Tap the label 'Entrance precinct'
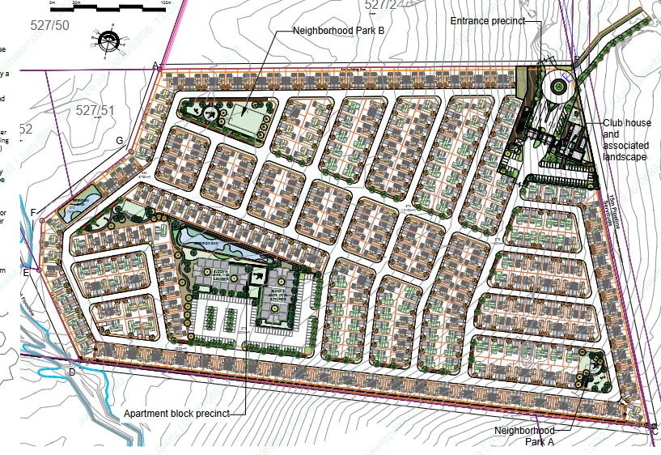pos(488,20)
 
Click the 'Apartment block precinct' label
pos(176,414)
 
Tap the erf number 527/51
pos(95,110)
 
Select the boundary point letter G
pos(120,141)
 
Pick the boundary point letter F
pos(33,213)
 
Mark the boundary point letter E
pos(26,272)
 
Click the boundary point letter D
pos(71,372)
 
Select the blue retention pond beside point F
pos(83,199)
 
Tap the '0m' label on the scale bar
pos(53,2)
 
